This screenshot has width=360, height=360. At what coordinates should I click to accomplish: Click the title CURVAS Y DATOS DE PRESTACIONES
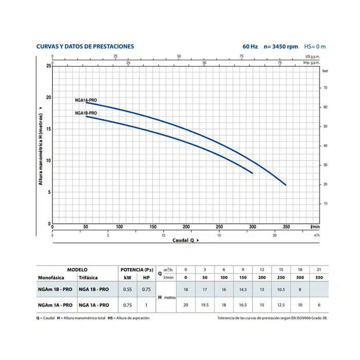pyautogui.click(x=85, y=46)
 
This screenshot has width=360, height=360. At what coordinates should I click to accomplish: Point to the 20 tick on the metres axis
pyautogui.click(x=49, y=98)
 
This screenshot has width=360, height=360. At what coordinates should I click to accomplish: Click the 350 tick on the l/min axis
pyautogui.click(x=286, y=227)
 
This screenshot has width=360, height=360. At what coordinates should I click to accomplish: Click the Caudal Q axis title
pyautogui.click(x=184, y=240)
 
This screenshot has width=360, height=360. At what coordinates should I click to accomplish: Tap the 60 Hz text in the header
pyautogui.click(x=250, y=46)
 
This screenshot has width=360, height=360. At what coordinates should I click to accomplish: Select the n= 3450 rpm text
pyautogui.click(x=280, y=46)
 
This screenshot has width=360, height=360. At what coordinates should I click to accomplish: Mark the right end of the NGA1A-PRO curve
pyautogui.click(x=286, y=185)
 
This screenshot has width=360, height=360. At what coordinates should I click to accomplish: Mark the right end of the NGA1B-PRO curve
pyautogui.click(x=253, y=173)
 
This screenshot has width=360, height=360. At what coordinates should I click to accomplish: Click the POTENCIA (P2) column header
pyautogui.click(x=137, y=269)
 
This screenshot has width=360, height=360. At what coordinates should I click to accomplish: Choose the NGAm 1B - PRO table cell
pyautogui.click(x=55, y=290)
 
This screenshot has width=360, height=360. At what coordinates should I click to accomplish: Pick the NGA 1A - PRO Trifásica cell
pyautogui.click(x=94, y=304)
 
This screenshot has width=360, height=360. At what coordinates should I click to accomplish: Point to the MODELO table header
pyautogui.click(x=77, y=269)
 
